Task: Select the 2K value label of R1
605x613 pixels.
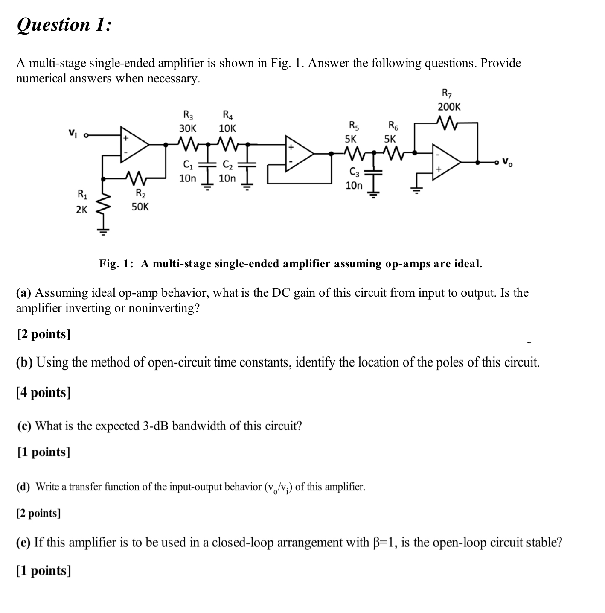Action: (81, 210)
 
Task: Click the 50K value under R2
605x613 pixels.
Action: (140, 207)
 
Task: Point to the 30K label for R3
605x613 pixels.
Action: (188, 128)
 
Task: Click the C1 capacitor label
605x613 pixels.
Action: (187, 165)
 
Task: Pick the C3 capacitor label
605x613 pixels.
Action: (354, 172)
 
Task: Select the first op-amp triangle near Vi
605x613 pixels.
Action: (133, 144)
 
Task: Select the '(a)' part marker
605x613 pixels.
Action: (24, 293)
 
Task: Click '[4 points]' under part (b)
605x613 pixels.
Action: (44, 392)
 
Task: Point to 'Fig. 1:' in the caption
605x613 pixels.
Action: (116, 263)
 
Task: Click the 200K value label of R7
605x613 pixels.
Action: (449, 107)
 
